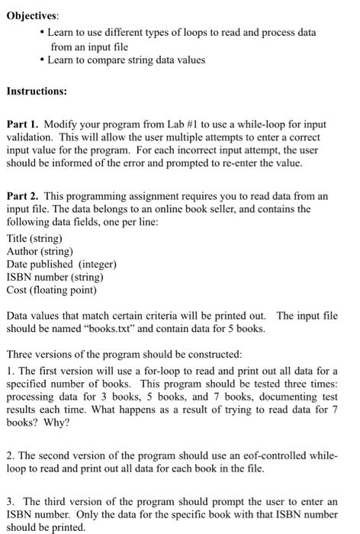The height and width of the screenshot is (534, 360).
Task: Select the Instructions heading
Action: pos(37,90)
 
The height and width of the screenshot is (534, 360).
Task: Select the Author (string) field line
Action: pos(40,251)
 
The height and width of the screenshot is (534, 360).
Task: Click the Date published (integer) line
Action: pos(61,264)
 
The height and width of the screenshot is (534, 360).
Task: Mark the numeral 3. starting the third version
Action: pos(11,500)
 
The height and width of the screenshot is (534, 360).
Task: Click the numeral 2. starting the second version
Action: pos(11,455)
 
